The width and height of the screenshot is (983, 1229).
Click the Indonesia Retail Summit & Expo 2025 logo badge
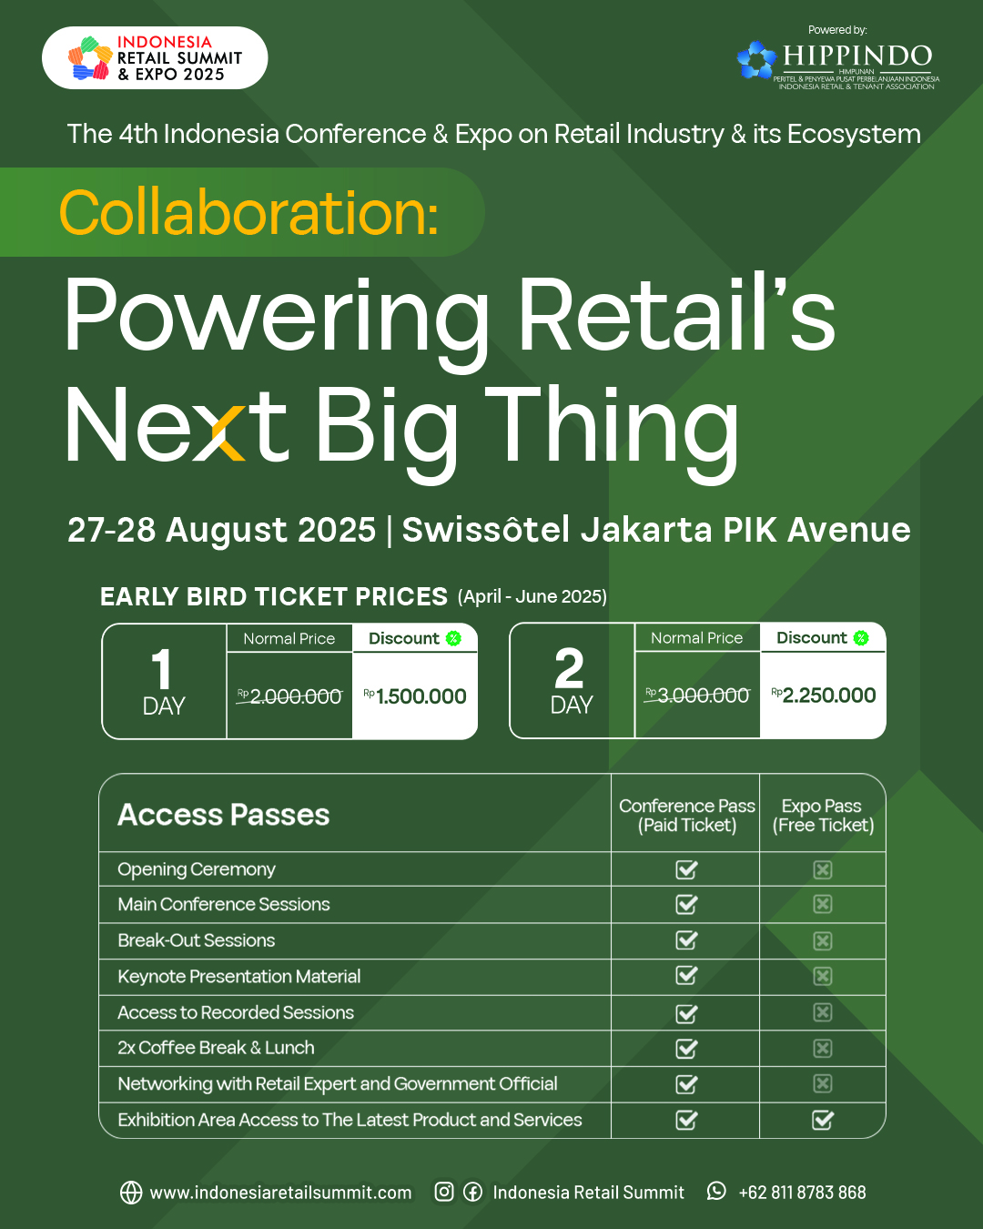click(x=155, y=57)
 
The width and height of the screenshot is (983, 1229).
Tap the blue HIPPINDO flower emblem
click(x=756, y=59)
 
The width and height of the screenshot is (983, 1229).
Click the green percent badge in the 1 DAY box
click(x=453, y=638)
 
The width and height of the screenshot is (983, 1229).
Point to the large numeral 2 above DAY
click(x=569, y=668)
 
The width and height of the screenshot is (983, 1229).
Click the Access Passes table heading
click(x=223, y=815)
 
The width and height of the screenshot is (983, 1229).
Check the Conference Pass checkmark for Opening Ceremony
click(x=686, y=869)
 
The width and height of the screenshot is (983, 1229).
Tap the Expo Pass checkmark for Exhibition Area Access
click(x=823, y=1120)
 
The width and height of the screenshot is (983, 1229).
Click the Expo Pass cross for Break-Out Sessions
click(x=823, y=941)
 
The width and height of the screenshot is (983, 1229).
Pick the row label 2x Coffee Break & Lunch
click(x=216, y=1048)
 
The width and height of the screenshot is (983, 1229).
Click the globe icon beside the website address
click(x=131, y=1193)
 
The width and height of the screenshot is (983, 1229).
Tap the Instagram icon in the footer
click(x=444, y=1192)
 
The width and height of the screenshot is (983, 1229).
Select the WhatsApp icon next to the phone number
click(x=716, y=1192)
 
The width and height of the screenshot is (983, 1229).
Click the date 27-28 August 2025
click(x=221, y=530)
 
